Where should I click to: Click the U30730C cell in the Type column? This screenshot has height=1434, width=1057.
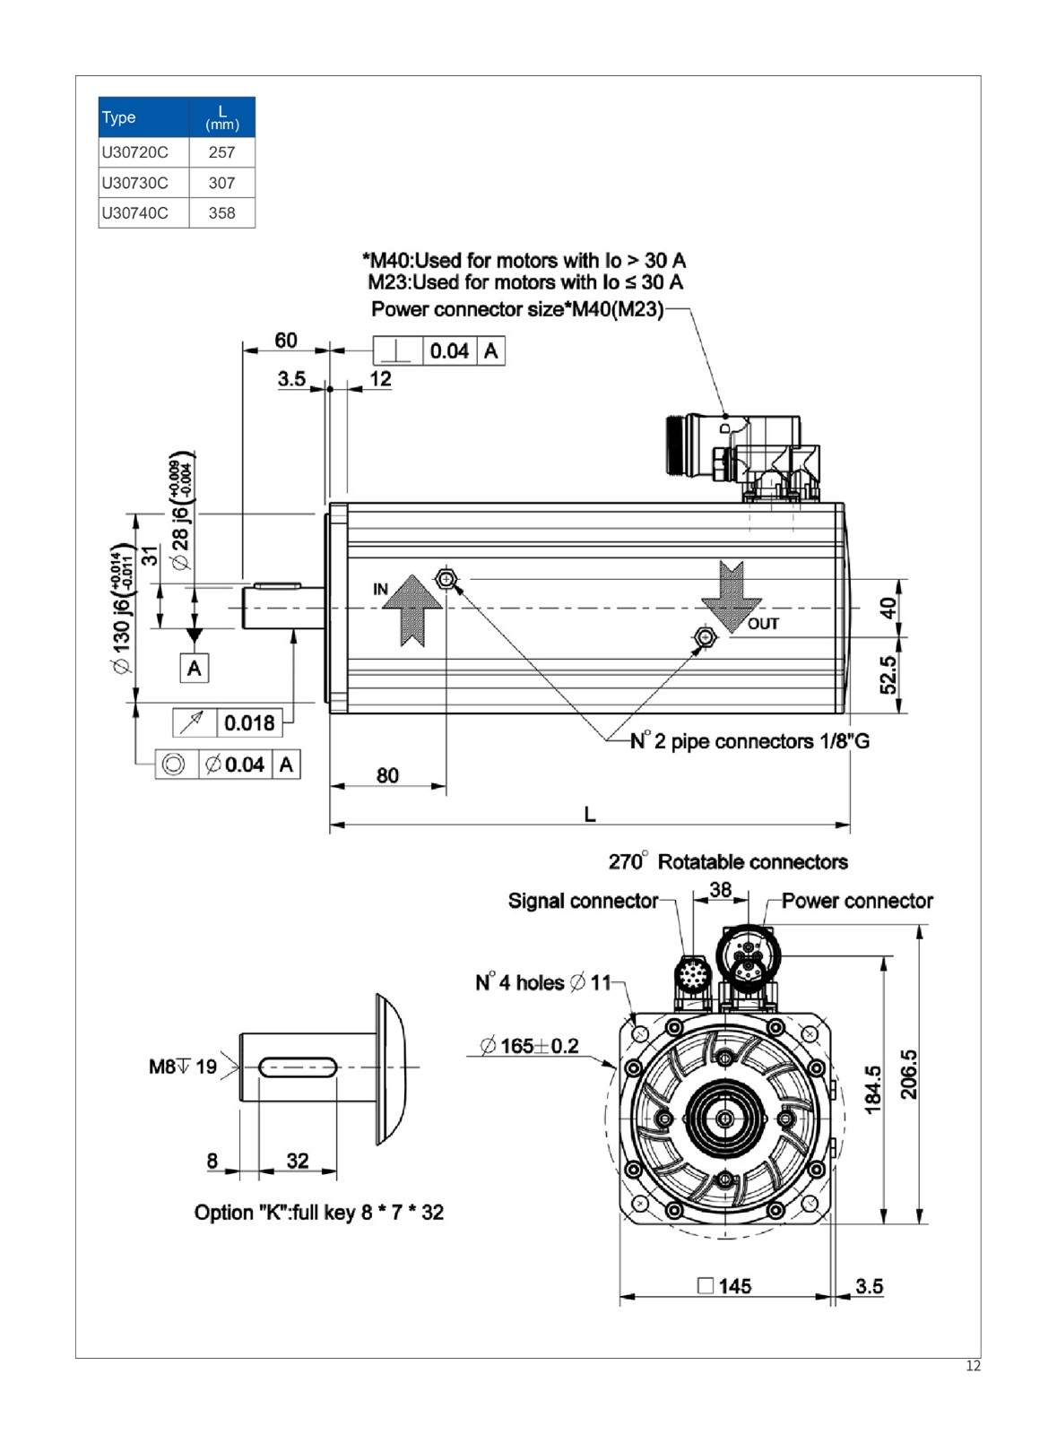[134, 183]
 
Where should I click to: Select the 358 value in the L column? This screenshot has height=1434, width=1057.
[221, 213]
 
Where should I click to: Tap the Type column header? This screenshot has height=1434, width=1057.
[119, 117]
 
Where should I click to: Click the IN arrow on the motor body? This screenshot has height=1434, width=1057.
[412, 609]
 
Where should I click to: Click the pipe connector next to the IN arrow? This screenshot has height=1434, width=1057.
[446, 579]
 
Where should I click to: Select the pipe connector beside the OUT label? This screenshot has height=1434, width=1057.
[706, 637]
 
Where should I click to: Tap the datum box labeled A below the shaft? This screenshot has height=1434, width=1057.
[195, 669]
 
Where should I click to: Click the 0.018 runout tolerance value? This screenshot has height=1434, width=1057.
[249, 722]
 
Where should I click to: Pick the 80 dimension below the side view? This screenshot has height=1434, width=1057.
[387, 775]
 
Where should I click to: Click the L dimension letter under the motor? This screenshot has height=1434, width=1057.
[589, 814]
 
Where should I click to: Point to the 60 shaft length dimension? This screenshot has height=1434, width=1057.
[286, 341]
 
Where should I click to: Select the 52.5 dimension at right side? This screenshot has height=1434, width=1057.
[888, 675]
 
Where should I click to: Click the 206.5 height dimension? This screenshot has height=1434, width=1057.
[908, 1075]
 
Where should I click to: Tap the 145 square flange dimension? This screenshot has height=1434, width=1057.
[724, 1286]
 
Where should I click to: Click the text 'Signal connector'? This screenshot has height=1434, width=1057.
[583, 901]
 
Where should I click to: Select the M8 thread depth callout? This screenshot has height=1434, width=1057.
[183, 1067]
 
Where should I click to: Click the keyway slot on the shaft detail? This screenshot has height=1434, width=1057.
[298, 1067]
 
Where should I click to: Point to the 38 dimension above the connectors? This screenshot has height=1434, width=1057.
[720, 890]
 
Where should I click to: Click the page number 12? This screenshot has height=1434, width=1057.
[973, 1366]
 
